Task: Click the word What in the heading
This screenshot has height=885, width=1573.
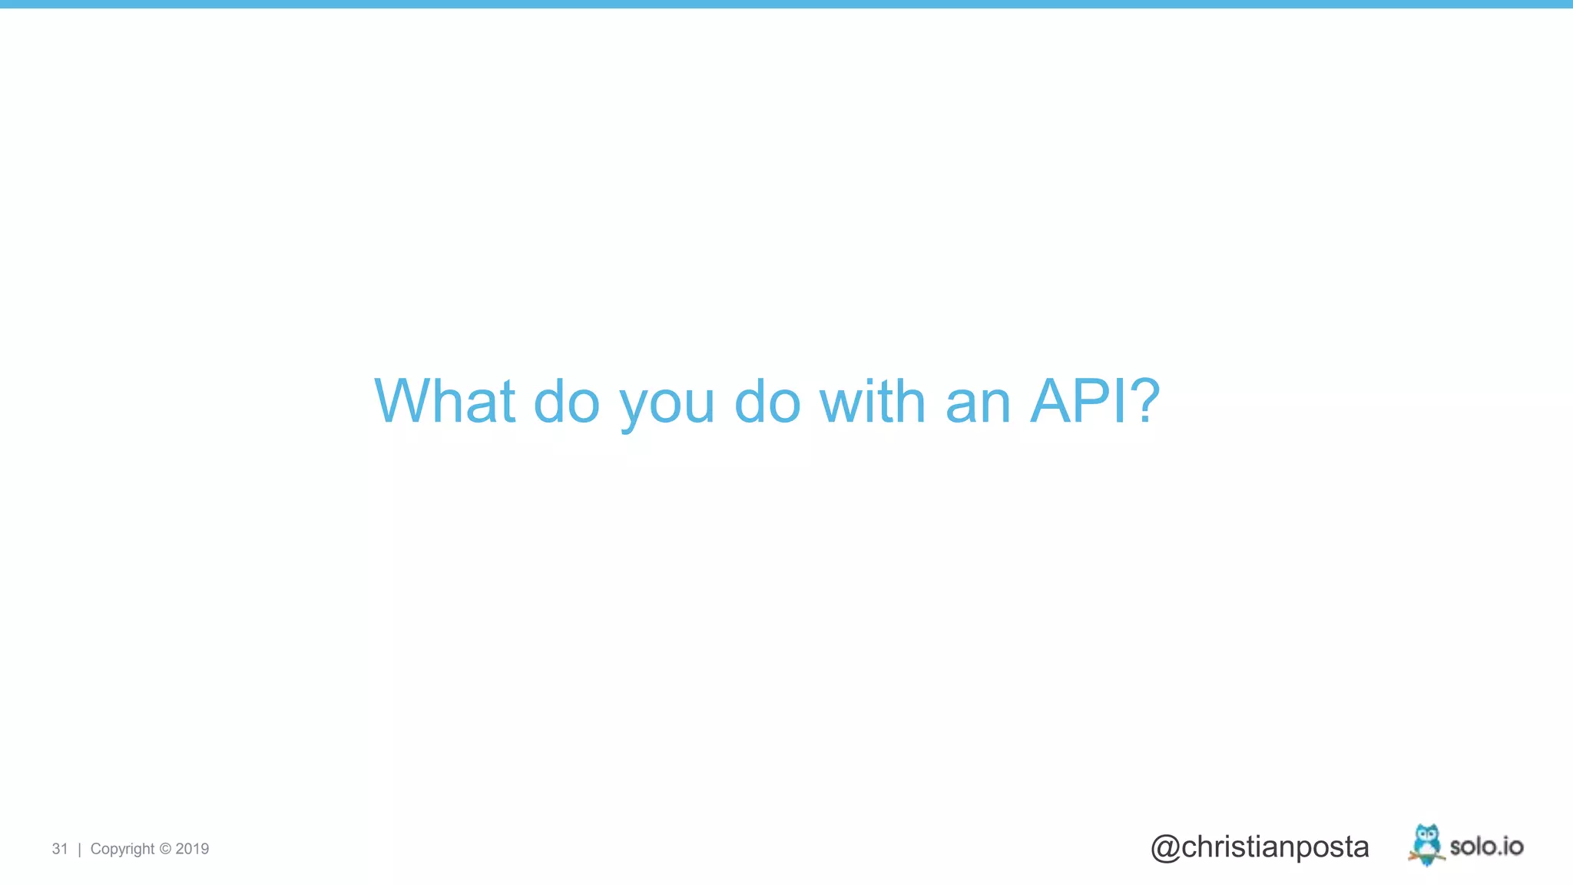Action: pyautogui.click(x=444, y=401)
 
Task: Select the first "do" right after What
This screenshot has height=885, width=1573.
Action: pyautogui.click(x=566, y=401)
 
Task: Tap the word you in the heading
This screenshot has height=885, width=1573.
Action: pyautogui.click(x=667, y=404)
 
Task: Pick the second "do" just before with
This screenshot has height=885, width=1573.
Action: pyautogui.click(x=767, y=401)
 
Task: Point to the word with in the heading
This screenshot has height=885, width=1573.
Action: pyautogui.click(x=873, y=401)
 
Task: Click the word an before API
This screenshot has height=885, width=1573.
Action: pyautogui.click(x=978, y=404)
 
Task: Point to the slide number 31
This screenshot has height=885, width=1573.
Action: pyautogui.click(x=60, y=849)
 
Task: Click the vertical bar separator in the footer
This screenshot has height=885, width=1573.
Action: pyautogui.click(x=79, y=849)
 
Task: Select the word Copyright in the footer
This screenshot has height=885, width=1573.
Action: pyautogui.click(x=122, y=849)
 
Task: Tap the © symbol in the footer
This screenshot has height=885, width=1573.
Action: pyautogui.click(x=165, y=849)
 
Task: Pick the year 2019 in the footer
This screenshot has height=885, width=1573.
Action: pyautogui.click(x=192, y=849)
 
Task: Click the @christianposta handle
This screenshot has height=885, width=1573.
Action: pyautogui.click(x=1260, y=847)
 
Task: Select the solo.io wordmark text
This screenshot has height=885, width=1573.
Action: pyautogui.click(x=1486, y=847)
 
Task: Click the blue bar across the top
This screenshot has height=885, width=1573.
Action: pyautogui.click(x=786, y=4)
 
